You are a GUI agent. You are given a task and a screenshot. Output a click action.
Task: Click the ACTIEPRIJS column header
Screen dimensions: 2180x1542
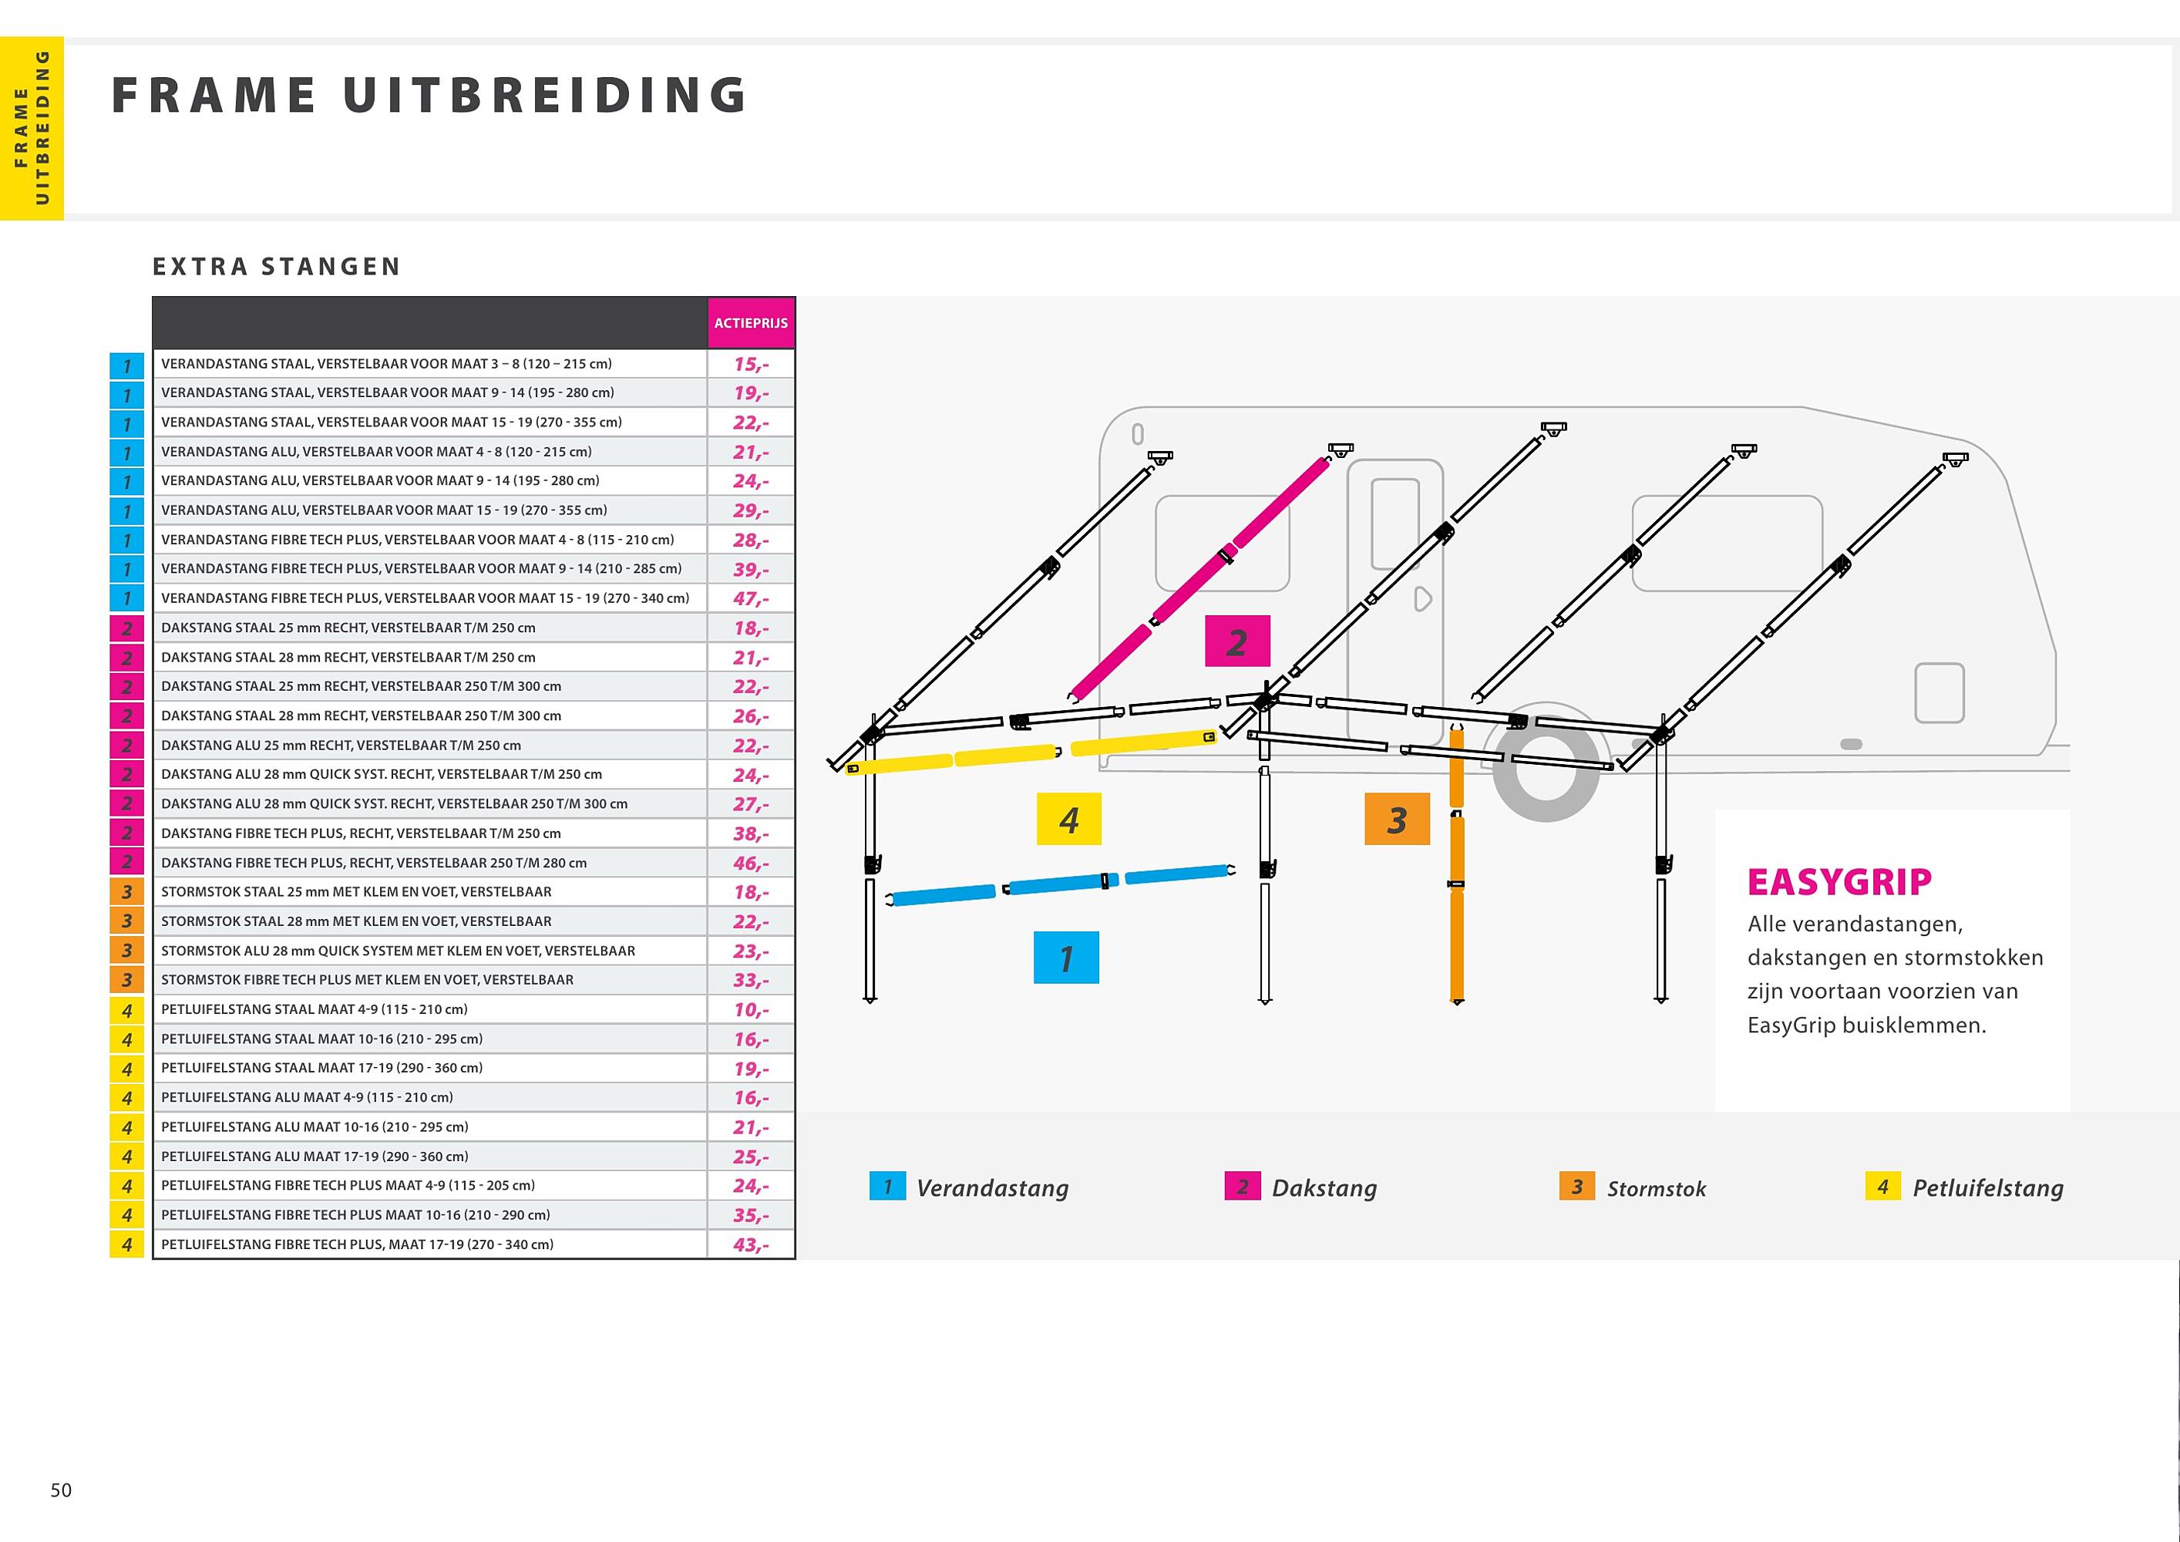click(751, 323)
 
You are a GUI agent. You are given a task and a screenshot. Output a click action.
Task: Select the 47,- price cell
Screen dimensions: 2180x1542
click(751, 598)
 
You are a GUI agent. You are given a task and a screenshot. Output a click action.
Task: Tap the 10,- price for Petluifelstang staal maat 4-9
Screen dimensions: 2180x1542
click(751, 1009)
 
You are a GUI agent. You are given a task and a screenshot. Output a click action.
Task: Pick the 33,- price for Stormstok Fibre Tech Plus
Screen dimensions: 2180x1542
click(751, 980)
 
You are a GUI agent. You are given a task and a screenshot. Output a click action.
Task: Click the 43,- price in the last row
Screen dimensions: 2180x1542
click(751, 1244)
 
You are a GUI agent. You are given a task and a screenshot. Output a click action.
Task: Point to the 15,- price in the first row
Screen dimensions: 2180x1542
click(751, 364)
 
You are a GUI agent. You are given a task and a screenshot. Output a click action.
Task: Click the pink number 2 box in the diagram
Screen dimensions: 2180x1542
click(1236, 642)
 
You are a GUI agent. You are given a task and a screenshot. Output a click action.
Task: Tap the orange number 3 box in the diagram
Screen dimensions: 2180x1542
click(1397, 819)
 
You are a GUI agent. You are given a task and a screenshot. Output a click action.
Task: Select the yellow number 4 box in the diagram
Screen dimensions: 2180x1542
click(1069, 819)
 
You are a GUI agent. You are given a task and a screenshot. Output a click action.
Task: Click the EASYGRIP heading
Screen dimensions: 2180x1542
click(1839, 882)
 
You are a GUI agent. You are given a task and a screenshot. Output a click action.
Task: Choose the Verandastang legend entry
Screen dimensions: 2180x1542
click(970, 1187)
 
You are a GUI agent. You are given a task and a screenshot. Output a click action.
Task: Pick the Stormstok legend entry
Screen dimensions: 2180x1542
click(1633, 1187)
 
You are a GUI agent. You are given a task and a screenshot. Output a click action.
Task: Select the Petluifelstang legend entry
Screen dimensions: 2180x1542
click(1964, 1187)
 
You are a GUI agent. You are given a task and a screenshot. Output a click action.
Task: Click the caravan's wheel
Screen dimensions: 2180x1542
click(1546, 763)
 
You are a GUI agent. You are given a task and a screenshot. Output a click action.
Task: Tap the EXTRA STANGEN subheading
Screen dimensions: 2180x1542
click(276, 267)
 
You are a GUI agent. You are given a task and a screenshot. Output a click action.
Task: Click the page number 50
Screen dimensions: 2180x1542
click(61, 1490)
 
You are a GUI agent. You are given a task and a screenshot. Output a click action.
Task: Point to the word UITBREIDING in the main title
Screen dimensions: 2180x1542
click(546, 95)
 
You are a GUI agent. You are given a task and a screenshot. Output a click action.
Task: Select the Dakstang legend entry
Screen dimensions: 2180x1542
click(1300, 1187)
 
